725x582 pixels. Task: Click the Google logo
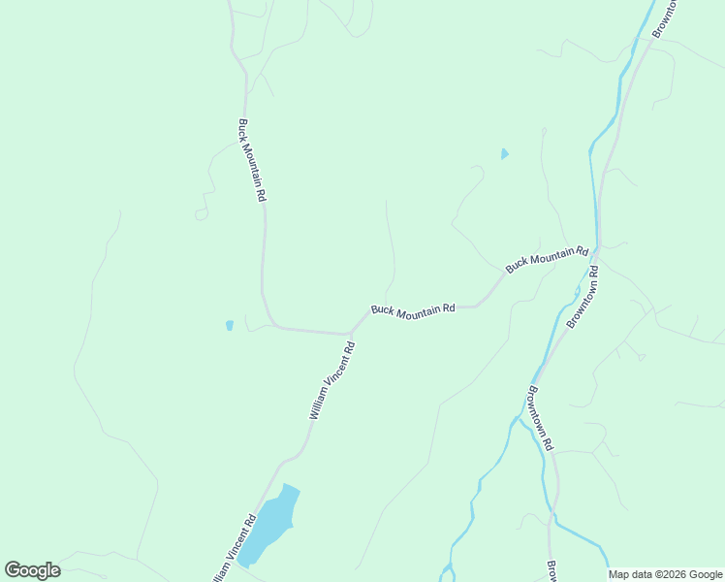33,570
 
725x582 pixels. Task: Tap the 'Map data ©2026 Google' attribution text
666,574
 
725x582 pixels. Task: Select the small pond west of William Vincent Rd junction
230,326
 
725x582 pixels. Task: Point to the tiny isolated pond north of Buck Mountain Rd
504,154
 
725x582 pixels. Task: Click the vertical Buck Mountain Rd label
252,160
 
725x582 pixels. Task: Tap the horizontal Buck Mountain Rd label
413,309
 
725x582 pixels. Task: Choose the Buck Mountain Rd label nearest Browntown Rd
547,259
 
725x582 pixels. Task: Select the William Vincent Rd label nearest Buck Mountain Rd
332,379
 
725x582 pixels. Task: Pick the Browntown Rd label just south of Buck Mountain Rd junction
585,297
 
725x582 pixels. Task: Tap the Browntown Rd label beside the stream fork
539,418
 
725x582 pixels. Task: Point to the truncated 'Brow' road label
551,572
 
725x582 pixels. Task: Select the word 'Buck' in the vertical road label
242,130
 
